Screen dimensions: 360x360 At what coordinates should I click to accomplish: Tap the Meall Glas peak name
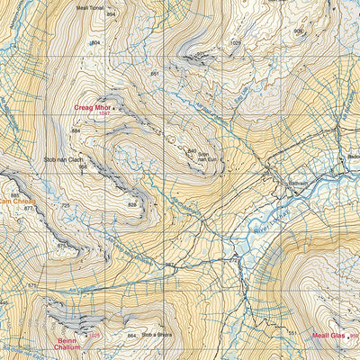[328, 335]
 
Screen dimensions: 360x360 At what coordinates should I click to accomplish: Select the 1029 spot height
[237, 42]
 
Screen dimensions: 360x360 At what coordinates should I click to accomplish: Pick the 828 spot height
[132, 204]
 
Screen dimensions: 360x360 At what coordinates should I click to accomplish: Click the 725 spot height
[66, 206]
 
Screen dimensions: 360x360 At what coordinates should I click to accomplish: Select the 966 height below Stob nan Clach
[82, 166]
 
